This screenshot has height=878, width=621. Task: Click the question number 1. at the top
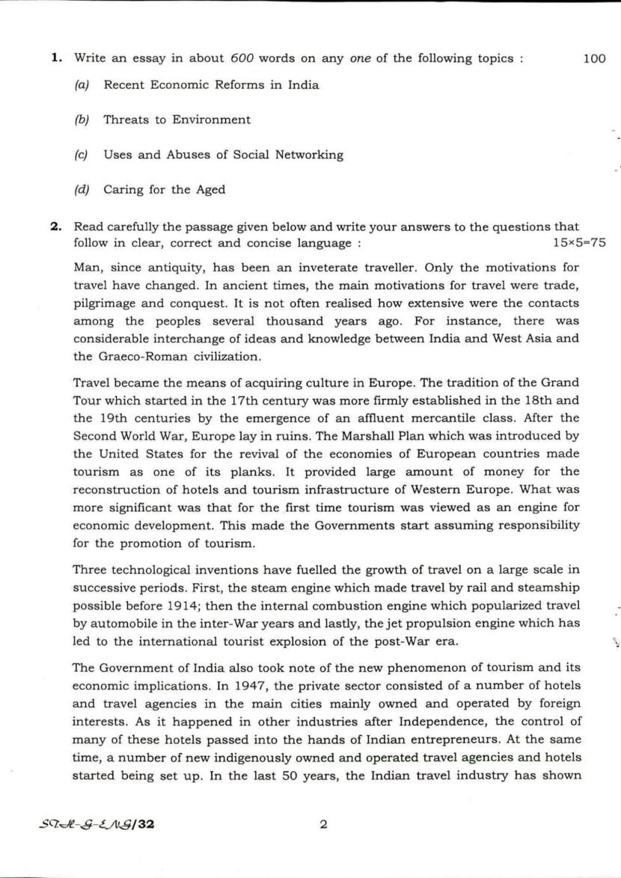click(55, 58)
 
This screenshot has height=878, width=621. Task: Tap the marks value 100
click(593, 58)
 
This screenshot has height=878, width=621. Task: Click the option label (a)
click(82, 85)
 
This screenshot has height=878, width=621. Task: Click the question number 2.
click(55, 226)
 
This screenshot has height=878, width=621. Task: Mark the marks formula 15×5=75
click(578, 244)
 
